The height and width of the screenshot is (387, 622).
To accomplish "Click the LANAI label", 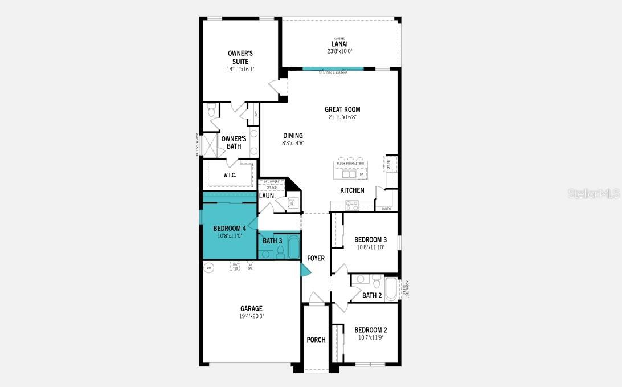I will pyautogui.click(x=339, y=44).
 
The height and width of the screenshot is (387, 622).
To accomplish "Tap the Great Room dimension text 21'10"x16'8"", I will pyautogui.click(x=342, y=117).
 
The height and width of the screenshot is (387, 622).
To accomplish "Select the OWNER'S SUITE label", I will pyautogui.click(x=240, y=57).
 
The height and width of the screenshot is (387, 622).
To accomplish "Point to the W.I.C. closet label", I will pyautogui.click(x=230, y=175).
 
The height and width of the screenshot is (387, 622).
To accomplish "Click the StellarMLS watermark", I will pyautogui.click(x=593, y=194).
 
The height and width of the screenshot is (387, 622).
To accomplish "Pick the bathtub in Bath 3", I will pyautogui.click(x=293, y=248).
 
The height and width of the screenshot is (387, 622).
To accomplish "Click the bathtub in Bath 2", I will pyautogui.click(x=391, y=289).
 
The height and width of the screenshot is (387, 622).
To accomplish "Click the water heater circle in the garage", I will pyautogui.click(x=208, y=267).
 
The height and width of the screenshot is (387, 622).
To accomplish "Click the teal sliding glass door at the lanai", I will pyautogui.click(x=333, y=69).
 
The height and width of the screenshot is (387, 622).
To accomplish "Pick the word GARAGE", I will pyautogui.click(x=251, y=309).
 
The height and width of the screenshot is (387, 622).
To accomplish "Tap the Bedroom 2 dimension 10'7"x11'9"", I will pyautogui.click(x=370, y=337).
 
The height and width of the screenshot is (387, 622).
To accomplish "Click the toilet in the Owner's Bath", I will pyautogui.click(x=211, y=109).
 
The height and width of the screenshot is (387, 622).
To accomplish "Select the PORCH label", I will pyautogui.click(x=316, y=340).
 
